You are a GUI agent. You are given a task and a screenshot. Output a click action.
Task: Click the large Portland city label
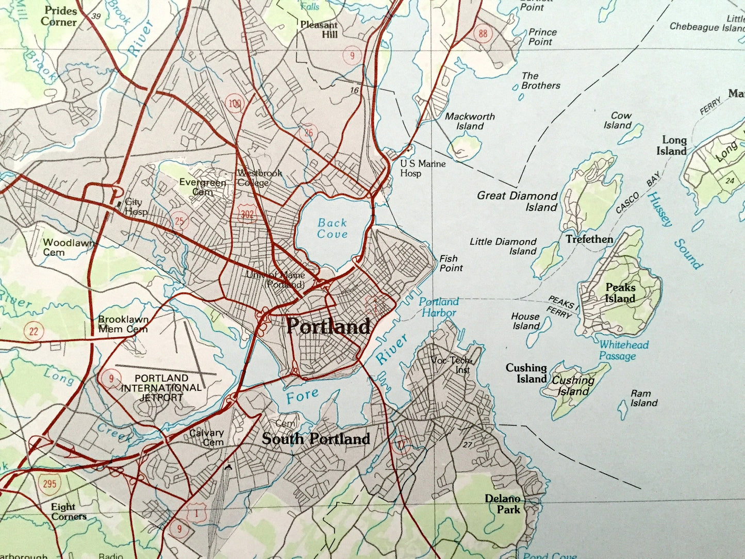click(x=328, y=326)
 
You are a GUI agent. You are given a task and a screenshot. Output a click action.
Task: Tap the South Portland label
click(x=316, y=439)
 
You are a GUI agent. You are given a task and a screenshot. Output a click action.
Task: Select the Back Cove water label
click(x=332, y=228)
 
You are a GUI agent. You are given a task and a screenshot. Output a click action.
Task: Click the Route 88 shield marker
click(x=482, y=34)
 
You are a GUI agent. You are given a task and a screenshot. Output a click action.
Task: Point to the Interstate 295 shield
click(x=49, y=483)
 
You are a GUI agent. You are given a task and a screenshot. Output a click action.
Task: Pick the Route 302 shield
click(x=247, y=213)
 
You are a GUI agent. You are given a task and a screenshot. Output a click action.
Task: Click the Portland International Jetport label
click(x=161, y=388)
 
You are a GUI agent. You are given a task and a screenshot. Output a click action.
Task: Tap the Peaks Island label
click(x=620, y=293)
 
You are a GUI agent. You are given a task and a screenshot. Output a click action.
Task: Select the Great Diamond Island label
click(x=517, y=201)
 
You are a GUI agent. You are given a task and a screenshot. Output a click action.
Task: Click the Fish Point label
click(x=451, y=263)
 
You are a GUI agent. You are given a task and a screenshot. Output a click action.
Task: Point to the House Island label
click(x=525, y=321)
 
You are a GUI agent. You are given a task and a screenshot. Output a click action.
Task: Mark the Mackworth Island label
click(x=470, y=121)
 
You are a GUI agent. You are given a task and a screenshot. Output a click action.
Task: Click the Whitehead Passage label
click(x=623, y=350)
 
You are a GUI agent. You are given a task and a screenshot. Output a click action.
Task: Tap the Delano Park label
click(x=503, y=504)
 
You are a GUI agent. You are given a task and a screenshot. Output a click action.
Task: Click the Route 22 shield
click(x=34, y=331)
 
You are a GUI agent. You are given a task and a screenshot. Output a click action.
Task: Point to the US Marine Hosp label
click(x=422, y=168)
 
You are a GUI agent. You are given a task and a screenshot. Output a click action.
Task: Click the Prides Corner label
click(x=60, y=16)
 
